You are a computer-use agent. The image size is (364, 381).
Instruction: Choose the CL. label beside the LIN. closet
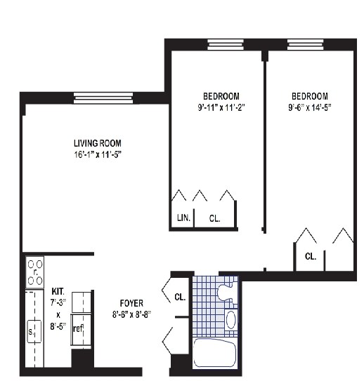point(214,218)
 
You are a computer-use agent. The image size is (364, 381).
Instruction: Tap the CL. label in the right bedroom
point(311,257)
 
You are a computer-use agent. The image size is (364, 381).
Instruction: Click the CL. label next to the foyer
point(180,298)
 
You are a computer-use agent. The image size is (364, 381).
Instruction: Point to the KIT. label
point(58,290)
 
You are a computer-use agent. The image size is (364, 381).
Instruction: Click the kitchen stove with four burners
point(34,272)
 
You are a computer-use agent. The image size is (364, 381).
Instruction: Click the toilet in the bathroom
point(227,290)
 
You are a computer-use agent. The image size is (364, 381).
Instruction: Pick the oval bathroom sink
point(231,320)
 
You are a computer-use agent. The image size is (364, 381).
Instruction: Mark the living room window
point(103,98)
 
